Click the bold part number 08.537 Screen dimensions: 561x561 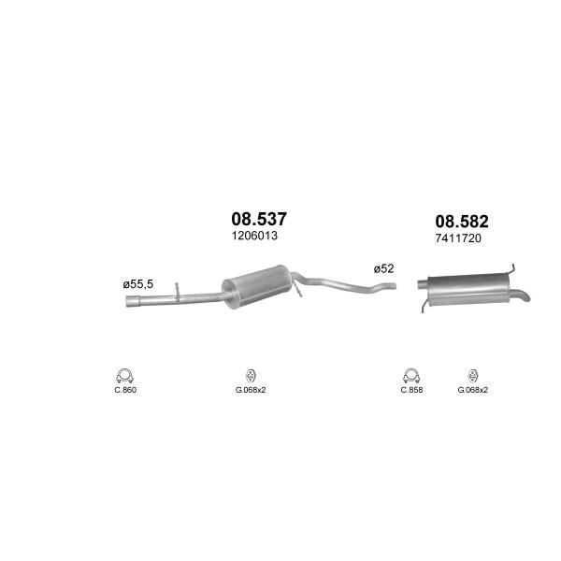(259, 219)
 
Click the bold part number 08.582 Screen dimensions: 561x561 (462, 222)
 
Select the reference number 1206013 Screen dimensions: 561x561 (254, 236)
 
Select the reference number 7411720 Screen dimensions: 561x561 (458, 238)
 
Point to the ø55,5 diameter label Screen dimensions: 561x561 (137, 284)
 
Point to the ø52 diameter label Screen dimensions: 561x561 (383, 268)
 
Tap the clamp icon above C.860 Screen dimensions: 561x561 (124, 376)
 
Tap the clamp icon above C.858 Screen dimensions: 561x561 (411, 376)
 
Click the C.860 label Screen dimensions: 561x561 (125, 390)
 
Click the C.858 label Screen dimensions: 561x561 (411, 390)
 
